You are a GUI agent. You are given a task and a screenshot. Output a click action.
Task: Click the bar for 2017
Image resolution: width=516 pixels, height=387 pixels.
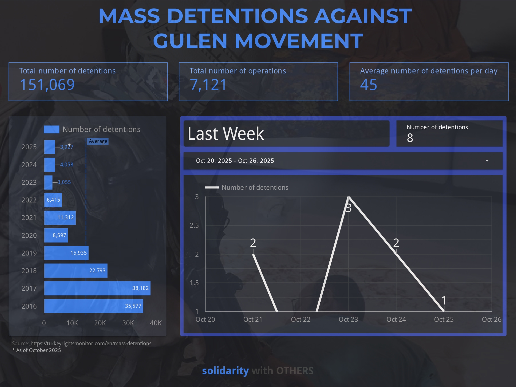(97, 288)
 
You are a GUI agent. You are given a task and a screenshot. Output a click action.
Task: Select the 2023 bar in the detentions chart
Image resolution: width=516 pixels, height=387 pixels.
(48, 182)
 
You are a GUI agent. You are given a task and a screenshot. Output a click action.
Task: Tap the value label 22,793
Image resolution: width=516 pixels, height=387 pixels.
(97, 271)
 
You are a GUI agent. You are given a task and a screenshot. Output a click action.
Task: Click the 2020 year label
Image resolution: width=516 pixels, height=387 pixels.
(29, 235)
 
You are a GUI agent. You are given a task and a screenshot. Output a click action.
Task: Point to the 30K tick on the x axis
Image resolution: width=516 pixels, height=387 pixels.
(128, 323)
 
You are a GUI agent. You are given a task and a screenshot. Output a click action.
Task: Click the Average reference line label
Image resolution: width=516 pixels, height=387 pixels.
(98, 141)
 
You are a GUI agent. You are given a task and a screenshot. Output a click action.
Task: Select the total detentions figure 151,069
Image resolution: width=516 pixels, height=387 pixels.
(47, 85)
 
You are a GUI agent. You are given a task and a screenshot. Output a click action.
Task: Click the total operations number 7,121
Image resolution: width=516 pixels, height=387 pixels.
(208, 85)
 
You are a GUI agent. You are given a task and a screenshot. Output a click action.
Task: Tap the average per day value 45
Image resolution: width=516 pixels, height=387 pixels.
(368, 85)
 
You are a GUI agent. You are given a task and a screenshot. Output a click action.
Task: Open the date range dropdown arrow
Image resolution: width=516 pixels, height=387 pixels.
(487, 161)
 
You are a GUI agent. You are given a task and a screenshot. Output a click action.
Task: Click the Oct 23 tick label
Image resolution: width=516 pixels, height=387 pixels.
(348, 319)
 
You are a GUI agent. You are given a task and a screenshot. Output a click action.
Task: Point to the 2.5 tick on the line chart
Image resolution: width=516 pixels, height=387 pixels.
(194, 226)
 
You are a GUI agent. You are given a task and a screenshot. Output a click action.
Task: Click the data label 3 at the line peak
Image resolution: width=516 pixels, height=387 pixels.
(349, 208)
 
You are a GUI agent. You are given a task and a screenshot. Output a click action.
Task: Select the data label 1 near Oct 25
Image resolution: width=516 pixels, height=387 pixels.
(444, 300)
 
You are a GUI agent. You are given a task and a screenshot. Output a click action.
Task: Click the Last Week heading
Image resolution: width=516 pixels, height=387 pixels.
(226, 134)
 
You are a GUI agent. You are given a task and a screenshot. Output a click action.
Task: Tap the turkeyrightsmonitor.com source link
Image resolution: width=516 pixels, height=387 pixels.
(91, 343)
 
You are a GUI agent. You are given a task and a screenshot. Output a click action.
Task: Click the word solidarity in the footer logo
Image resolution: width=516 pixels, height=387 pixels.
(225, 371)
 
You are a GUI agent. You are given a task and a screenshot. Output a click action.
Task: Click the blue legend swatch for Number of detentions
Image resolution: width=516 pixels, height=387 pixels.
(51, 129)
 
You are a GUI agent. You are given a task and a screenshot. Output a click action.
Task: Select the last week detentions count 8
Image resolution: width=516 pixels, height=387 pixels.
(410, 138)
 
